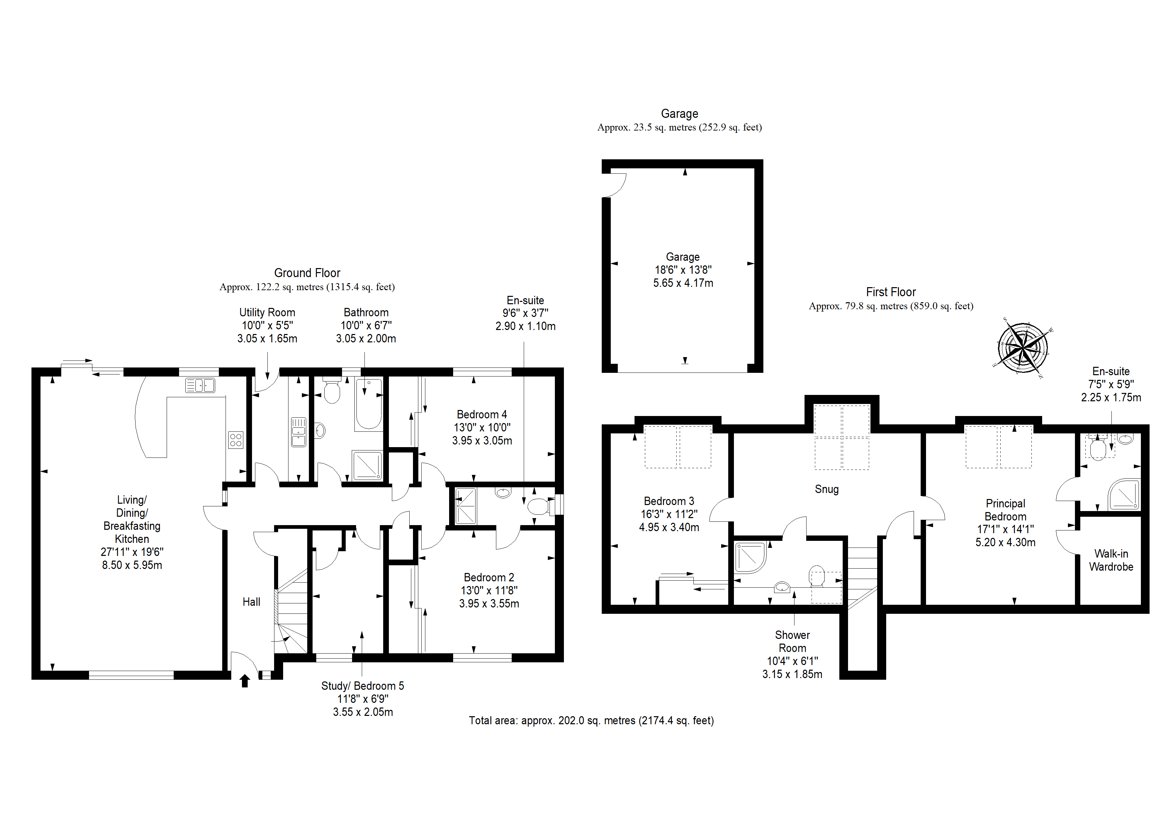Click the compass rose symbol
pos(1023,348)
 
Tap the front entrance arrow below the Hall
pos(245,681)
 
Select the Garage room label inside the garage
pos(683,257)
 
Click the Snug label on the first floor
pos(827,489)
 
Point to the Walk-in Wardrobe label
pos(1111,560)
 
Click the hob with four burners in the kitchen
pos(236,440)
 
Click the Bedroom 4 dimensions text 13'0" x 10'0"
pos(482,427)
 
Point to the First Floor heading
pos(891,292)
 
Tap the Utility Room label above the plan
pos(267,313)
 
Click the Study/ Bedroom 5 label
pos(362,686)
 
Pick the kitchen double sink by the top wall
pos(200,385)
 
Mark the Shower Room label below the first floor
pos(792,641)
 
